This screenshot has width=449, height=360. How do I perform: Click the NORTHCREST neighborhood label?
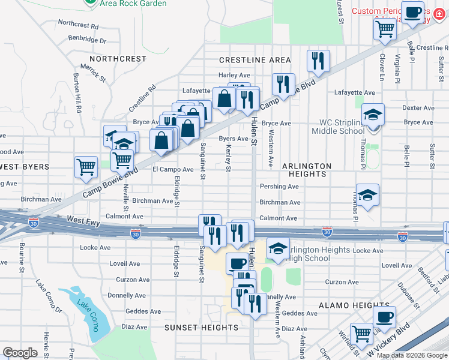[118, 59]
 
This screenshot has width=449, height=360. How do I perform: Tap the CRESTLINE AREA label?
[255, 60]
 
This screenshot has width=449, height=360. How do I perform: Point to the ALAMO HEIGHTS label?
[346, 305]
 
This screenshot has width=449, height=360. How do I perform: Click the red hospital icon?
[440, 11]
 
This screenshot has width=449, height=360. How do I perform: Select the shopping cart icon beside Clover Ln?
[385, 28]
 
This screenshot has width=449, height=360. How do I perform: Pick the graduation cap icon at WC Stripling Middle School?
[373, 114]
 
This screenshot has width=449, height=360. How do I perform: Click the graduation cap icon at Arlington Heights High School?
[279, 248]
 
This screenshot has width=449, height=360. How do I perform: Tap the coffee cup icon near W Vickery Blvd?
[384, 316]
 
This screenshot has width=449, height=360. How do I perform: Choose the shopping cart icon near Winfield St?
[362, 333]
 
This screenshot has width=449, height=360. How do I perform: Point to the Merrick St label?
[94, 74]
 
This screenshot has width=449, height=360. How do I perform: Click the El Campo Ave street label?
[172, 170]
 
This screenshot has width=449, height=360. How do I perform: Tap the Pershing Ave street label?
[279, 187]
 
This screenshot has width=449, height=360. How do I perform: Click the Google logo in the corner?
[20, 353]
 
